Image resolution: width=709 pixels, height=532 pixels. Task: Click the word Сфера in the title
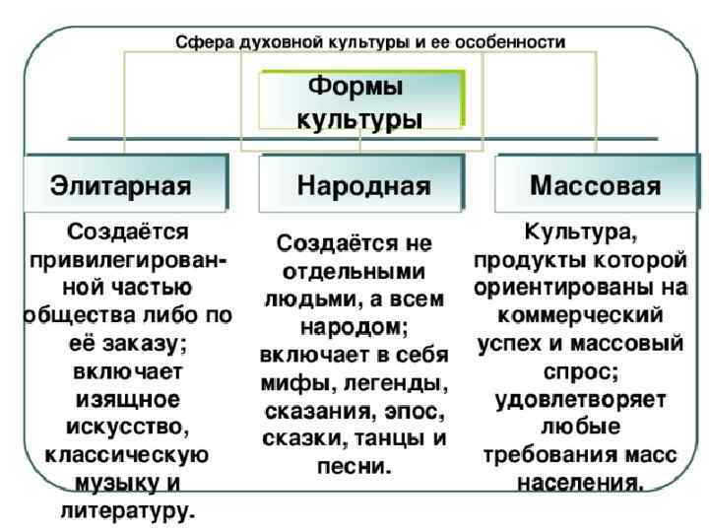pos(199,42)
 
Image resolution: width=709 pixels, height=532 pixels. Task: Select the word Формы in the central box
pos(355,87)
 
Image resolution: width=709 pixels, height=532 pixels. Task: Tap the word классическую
pos(126,455)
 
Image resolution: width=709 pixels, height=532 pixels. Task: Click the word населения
pos(580,484)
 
